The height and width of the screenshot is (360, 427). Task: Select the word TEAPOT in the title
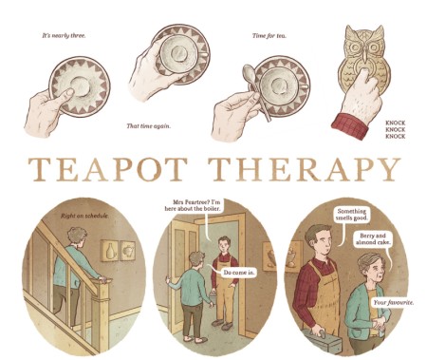[x=107, y=169]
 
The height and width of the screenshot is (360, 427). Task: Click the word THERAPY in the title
[x=304, y=169]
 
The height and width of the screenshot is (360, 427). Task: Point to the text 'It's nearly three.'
[x=64, y=36]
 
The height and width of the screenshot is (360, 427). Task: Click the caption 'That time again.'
[x=149, y=126]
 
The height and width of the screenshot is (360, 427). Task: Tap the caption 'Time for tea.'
[x=269, y=36]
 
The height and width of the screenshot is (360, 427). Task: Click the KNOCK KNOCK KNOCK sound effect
[x=396, y=129]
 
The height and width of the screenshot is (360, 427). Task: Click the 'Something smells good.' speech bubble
[x=351, y=215]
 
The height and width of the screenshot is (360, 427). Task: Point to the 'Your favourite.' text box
[x=393, y=303]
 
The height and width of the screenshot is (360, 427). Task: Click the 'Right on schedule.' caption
[x=84, y=216]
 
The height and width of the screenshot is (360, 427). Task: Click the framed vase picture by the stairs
[x=109, y=251]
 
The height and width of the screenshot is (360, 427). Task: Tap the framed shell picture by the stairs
[x=127, y=251]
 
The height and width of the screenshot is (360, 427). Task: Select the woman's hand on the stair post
[x=102, y=279]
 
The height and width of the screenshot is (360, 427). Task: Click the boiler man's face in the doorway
[x=225, y=246]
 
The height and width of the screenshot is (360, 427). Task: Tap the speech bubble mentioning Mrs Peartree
[x=193, y=205]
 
